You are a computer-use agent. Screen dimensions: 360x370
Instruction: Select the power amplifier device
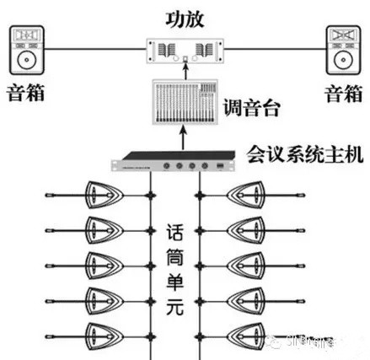(177, 51)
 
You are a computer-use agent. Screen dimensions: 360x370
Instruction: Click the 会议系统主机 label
(303, 155)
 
